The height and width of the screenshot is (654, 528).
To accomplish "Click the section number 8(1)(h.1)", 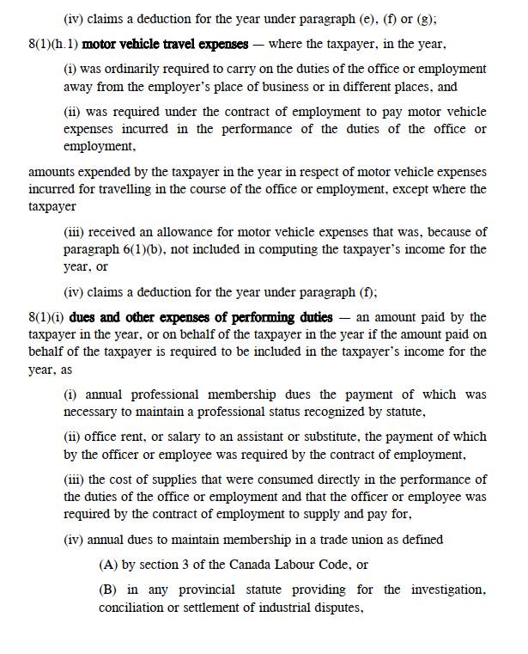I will pyautogui.click(x=52, y=43).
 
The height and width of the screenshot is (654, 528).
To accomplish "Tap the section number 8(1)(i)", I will pyautogui.click(x=46, y=317).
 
